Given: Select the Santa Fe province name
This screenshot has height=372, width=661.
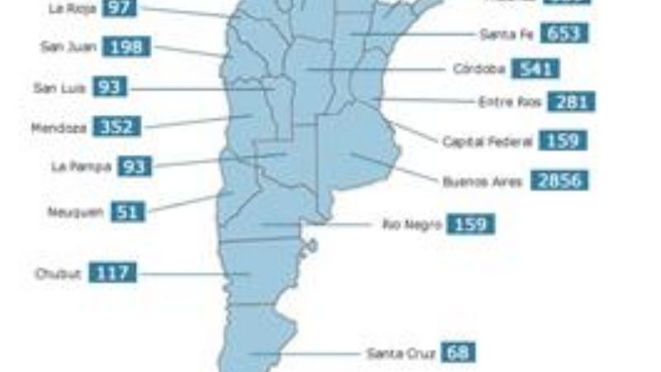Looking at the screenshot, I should tap(506, 34).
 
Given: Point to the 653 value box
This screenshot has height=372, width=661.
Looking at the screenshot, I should tap(565, 34).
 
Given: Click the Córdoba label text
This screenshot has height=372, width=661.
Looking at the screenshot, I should tap(478, 69).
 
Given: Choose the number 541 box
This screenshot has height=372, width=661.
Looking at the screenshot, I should tap(535, 69).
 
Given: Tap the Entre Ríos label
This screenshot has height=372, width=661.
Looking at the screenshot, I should tap(509, 103).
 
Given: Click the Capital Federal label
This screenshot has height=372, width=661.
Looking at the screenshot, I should tap(487, 141).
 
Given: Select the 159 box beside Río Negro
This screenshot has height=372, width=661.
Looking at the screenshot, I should tap(471, 224).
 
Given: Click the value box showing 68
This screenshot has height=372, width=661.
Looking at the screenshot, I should tap(459, 352).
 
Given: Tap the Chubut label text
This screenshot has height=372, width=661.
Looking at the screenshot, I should tap(58, 274).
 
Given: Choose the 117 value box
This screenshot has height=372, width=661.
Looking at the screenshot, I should tap(112, 273).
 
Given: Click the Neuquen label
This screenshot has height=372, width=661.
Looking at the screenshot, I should tap(75, 212).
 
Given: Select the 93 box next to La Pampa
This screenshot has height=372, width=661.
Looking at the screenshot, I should tap(134, 166).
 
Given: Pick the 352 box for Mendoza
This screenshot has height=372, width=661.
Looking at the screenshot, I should tap(117, 127).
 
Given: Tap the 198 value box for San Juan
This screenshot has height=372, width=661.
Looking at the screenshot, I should tap(127, 47).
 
